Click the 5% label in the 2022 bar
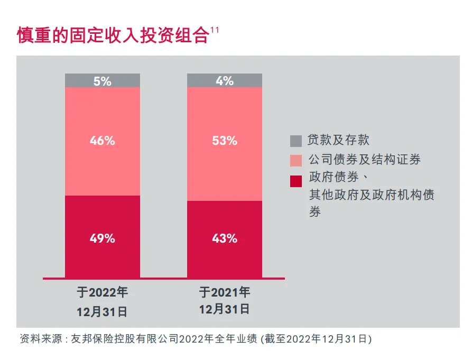tap(103, 81)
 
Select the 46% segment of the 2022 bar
tap(103, 141)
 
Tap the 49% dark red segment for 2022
tap(103, 238)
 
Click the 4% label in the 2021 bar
tap(225, 81)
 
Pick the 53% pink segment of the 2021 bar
tap(225, 141)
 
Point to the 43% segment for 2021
tap(225, 238)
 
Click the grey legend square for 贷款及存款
tap(296, 141)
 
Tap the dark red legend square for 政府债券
tap(296, 181)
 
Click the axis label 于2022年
tap(102, 292)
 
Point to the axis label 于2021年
tap(224, 292)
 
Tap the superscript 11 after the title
tap(215, 30)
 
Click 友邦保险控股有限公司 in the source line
tap(128, 338)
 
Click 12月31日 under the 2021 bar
tap(224, 309)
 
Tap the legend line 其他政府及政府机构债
tap(372, 196)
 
